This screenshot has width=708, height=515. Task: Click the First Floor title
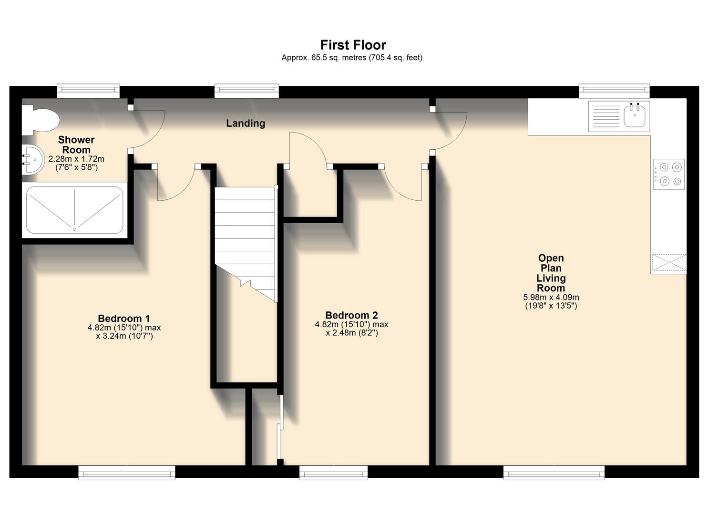pyautogui.click(x=353, y=45)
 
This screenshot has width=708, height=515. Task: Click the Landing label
pyautogui.click(x=246, y=123)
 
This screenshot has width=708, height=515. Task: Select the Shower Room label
pyautogui.click(x=76, y=144)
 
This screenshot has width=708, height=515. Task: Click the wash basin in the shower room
pyautogui.click(x=33, y=160)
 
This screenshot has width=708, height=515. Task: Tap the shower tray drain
pyautogui.click(x=74, y=229)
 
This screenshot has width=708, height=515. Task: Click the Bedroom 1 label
pyautogui.click(x=124, y=318)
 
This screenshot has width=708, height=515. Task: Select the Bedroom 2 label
pyautogui.click(x=351, y=315)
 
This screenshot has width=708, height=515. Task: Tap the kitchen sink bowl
pyautogui.click(x=635, y=115)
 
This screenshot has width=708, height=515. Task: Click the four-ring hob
pyautogui.click(x=669, y=174)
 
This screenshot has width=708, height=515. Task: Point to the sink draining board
pyautogui.click(x=605, y=116)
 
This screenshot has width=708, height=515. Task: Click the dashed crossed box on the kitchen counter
pyautogui.click(x=669, y=262)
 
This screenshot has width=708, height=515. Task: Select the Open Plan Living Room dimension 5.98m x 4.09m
pyautogui.click(x=551, y=297)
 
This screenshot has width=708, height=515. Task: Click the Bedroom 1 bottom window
pyautogui.click(x=127, y=473)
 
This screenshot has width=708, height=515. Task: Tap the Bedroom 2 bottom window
pyautogui.click(x=333, y=473)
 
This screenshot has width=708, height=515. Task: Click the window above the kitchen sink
pyautogui.click(x=614, y=91)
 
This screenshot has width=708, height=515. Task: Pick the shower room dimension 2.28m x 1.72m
pyautogui.click(x=76, y=159)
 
